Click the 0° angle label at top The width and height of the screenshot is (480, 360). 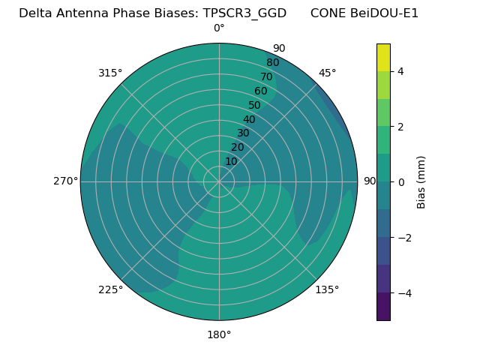[x=219, y=28]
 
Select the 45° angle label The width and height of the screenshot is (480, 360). [x=327, y=73]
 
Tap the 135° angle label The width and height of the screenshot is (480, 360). [x=327, y=289]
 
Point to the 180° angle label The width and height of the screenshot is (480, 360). [x=219, y=334]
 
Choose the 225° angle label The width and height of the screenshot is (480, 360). [x=110, y=289]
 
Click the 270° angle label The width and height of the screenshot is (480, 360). [x=65, y=181]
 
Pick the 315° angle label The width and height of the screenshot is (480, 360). [x=110, y=73]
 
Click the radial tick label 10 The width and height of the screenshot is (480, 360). [x=231, y=161]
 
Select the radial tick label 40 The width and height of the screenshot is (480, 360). [x=249, y=120]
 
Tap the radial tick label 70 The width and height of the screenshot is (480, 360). [x=266, y=77]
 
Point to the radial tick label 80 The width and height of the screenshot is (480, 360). [x=272, y=63]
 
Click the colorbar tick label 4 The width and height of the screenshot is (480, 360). [x=401, y=71]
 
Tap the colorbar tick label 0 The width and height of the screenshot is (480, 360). [x=401, y=182]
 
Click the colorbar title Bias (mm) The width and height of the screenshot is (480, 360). [x=421, y=182]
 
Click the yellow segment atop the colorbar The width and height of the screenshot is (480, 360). [x=383, y=57]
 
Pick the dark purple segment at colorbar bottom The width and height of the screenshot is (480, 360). [x=383, y=307]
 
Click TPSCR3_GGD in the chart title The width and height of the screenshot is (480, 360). [x=244, y=13]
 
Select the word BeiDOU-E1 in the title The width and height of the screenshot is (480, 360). [x=385, y=13]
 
